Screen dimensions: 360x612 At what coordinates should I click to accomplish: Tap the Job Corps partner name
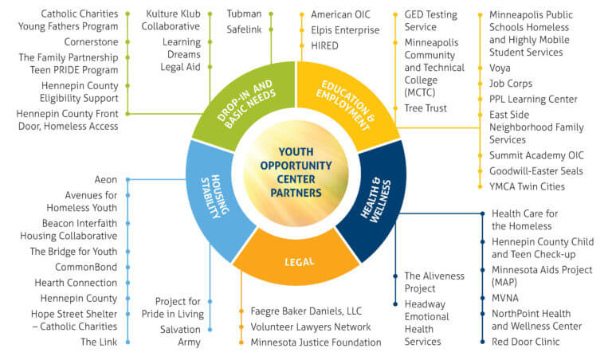pos(511,83)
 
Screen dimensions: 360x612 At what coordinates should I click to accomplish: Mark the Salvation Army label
pos(182,335)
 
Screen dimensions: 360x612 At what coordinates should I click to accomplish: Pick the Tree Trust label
pos(426,108)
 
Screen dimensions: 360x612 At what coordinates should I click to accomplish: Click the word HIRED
pos(324,45)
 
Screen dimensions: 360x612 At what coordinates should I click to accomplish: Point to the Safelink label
pos(245,29)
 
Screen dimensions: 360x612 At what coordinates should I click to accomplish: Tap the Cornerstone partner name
pos(92,41)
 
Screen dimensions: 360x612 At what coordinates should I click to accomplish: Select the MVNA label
pos(505,298)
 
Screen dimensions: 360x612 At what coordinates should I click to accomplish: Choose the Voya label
pos(500,68)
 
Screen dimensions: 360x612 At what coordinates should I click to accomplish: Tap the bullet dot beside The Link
pos(127,342)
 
